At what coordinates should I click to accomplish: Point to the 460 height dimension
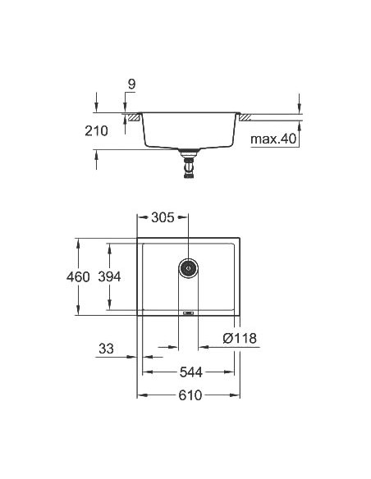coord(78,277)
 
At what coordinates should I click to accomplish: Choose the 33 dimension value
coord(105,348)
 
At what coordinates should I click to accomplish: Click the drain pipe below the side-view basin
coord(190,165)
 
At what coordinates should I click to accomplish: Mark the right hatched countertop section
coord(244,118)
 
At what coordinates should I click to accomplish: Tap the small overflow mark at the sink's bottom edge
coord(188,312)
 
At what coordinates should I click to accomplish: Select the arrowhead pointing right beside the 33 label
coord(134,356)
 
